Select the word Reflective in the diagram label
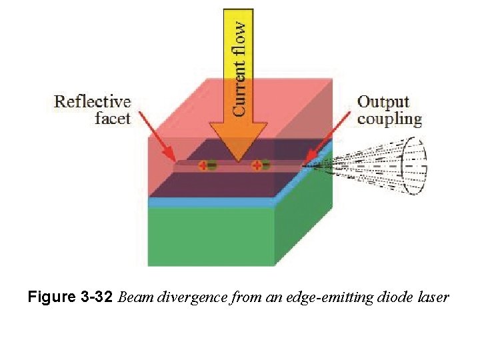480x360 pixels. tap(93, 102)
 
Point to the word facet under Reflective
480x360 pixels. tap(113, 119)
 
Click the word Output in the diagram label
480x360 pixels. tap(383, 102)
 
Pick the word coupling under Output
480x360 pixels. tap(389, 120)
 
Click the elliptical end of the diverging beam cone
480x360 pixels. tap(415, 165)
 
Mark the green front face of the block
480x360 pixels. tap(211, 236)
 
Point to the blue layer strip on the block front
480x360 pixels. tap(211, 202)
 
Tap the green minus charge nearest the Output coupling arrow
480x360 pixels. tap(265, 165)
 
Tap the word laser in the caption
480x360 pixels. tap(434, 297)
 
